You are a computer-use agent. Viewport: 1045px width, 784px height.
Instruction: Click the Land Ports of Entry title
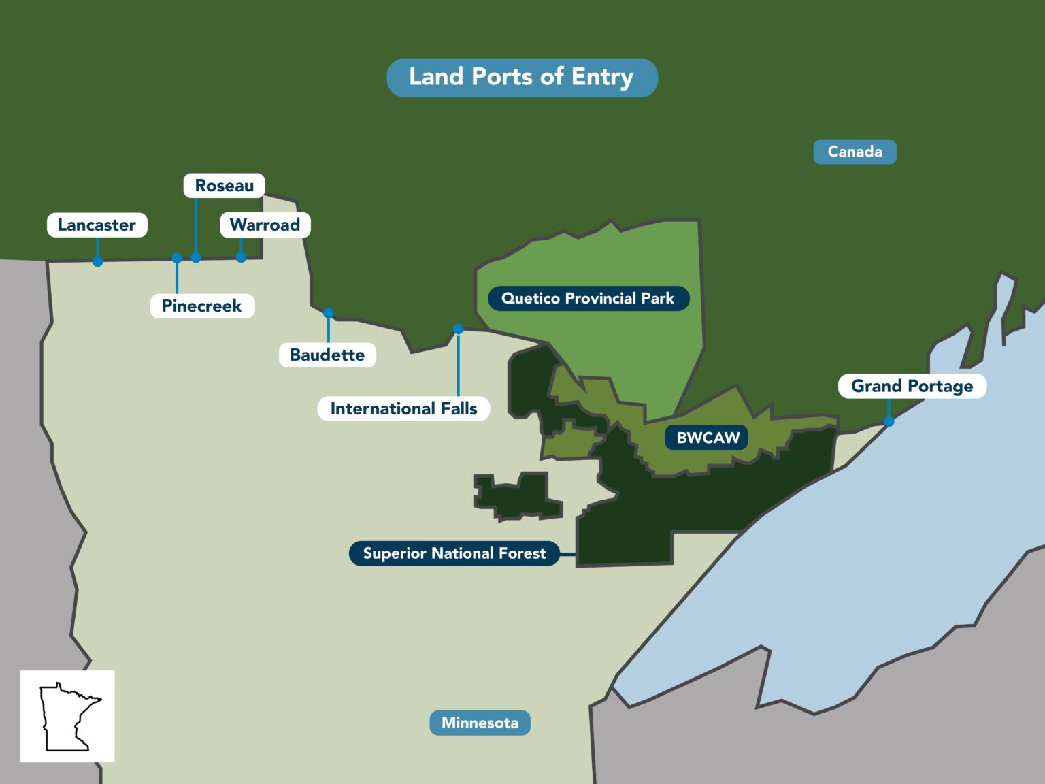[522, 77]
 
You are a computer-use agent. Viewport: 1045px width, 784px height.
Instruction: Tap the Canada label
[855, 152]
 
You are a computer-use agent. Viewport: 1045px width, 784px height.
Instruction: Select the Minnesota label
[480, 723]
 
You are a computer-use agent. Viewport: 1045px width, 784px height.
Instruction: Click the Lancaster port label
[97, 225]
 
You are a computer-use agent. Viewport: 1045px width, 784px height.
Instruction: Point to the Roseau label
[224, 186]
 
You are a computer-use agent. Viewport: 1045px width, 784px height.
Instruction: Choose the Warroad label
[265, 225]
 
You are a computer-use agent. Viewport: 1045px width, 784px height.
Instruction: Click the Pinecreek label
[202, 306]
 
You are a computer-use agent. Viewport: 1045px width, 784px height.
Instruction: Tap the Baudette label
[327, 355]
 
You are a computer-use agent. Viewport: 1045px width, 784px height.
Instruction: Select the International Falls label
[403, 409]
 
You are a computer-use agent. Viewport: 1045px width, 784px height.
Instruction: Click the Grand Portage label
[912, 387]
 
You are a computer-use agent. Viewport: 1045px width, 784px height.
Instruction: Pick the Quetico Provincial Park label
[588, 299]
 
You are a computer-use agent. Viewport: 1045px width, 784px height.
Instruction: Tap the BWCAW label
[708, 438]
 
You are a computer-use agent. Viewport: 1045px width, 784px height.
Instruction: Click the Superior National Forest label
[454, 553]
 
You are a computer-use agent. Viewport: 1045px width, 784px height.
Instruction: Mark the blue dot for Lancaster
[98, 261]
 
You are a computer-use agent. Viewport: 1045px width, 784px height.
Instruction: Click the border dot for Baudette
[329, 314]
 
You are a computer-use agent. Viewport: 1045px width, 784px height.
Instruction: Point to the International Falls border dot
[459, 329]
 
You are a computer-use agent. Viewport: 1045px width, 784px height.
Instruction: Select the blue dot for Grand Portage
[889, 422]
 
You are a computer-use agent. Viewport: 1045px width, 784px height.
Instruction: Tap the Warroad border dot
[241, 258]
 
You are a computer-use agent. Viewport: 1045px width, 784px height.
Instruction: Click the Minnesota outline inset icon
[67, 716]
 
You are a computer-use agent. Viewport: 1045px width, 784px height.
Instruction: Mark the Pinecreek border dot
[177, 259]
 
